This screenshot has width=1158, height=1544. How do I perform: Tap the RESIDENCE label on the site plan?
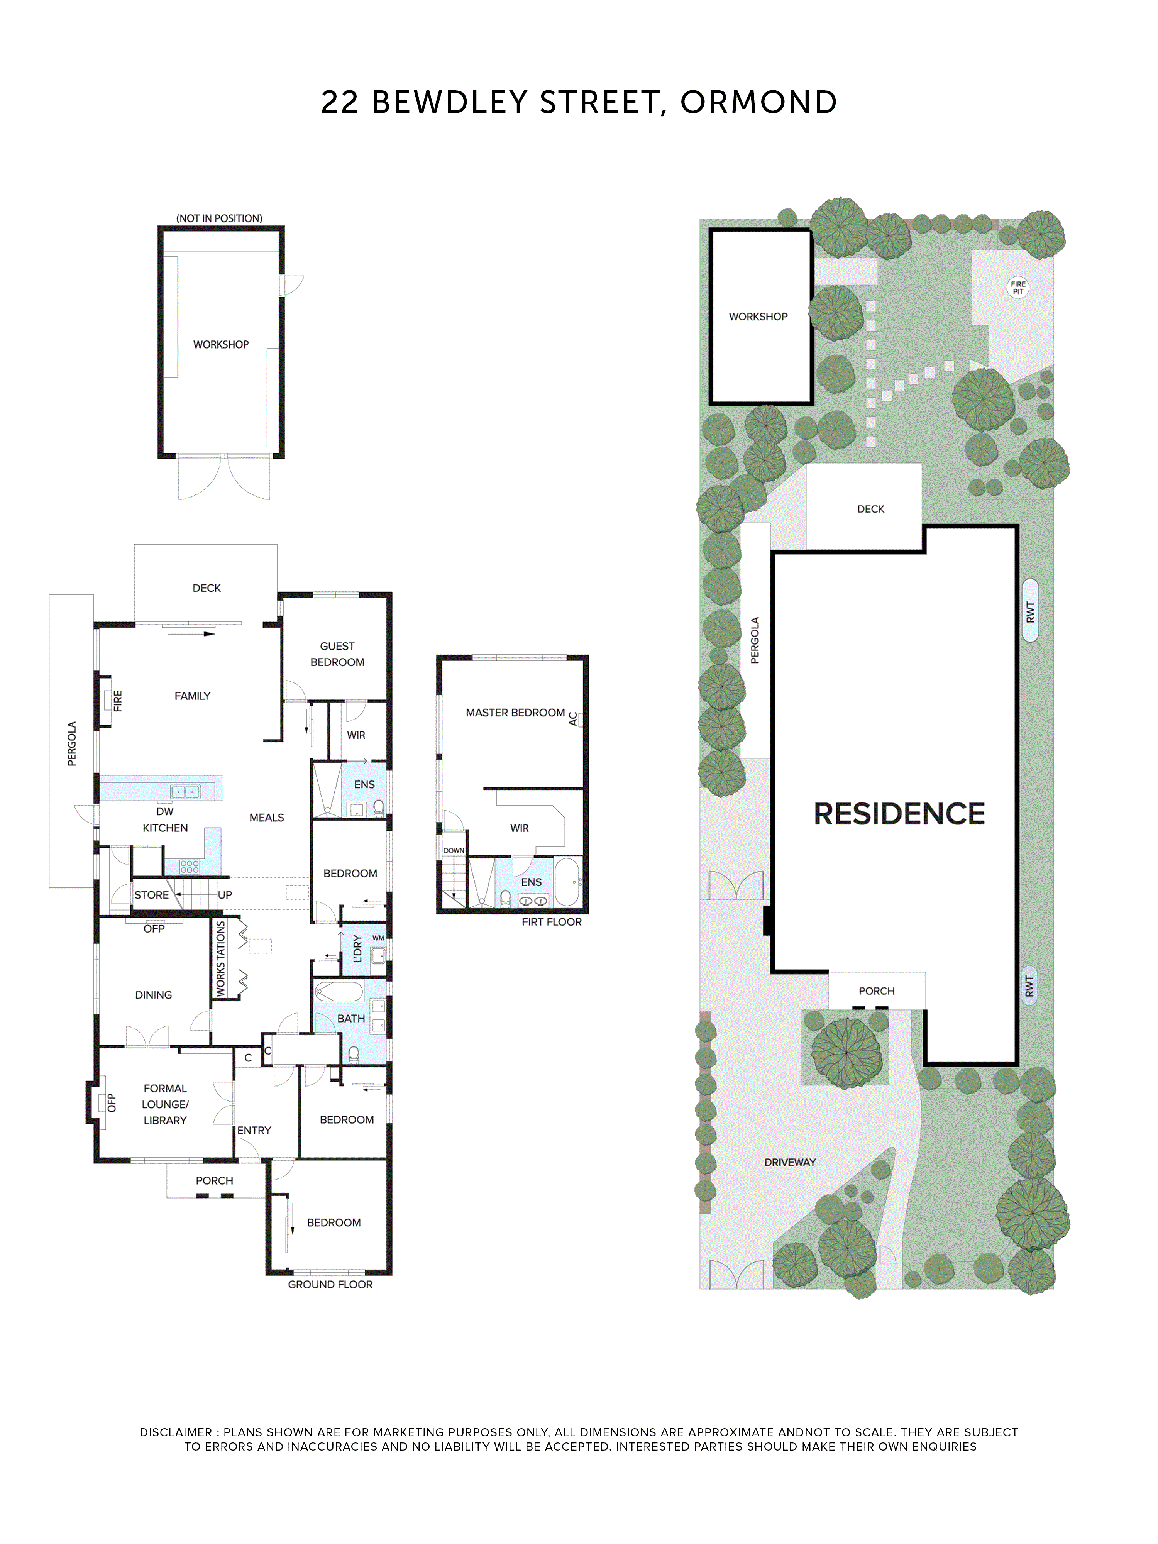click(899, 814)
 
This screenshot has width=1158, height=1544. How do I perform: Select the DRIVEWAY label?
click(789, 1162)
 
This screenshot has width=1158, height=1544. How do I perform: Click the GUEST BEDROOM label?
click(337, 654)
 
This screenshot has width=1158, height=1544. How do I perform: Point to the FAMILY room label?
click(192, 696)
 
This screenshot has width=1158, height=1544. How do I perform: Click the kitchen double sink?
click(185, 792)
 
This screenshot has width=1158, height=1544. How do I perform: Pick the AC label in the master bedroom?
click(573, 719)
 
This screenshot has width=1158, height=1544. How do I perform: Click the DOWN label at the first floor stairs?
click(454, 850)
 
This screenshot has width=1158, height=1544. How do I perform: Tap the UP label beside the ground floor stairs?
click(225, 895)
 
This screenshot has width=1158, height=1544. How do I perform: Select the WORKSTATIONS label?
click(220, 958)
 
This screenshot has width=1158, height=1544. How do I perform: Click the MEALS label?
click(267, 818)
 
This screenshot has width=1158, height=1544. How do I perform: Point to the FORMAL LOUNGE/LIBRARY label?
click(166, 1104)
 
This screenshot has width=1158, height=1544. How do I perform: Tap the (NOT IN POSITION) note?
click(219, 218)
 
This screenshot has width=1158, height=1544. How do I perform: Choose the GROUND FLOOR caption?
click(330, 1284)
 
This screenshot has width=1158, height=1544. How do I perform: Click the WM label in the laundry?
click(378, 938)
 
